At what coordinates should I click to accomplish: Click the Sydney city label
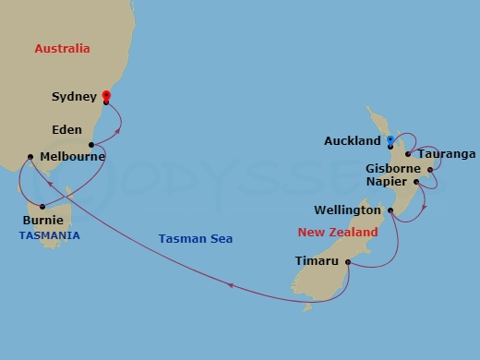(x=75, y=95)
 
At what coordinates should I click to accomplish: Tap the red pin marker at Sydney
(x=106, y=96)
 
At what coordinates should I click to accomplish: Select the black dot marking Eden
(x=91, y=145)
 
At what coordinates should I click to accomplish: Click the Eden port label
(x=67, y=130)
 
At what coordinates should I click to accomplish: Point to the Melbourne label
(x=73, y=157)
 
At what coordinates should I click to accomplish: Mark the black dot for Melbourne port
(x=31, y=157)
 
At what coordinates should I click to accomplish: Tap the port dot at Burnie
(x=42, y=206)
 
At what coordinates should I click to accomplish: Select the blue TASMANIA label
(x=49, y=235)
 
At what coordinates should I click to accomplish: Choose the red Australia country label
(x=62, y=48)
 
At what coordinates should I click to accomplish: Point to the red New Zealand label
(x=338, y=233)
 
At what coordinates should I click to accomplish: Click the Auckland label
(x=353, y=141)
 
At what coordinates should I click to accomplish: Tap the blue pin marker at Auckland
(x=390, y=140)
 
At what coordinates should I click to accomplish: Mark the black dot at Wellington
(x=391, y=211)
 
